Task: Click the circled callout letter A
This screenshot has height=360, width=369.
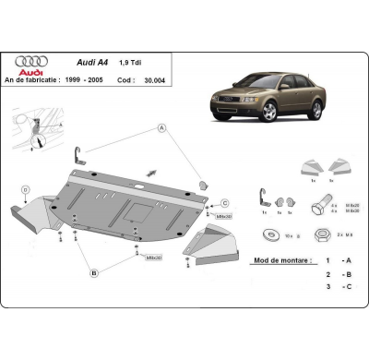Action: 161,127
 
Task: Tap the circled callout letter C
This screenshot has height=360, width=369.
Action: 223,203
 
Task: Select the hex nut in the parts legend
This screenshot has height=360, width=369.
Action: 322,234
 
